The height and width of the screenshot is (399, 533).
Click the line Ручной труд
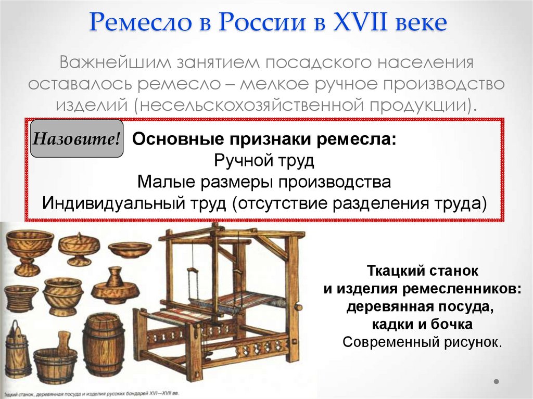pos(264,161)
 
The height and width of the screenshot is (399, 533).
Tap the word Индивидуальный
pos(111,203)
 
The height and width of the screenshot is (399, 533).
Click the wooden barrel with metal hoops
pos(103,344)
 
